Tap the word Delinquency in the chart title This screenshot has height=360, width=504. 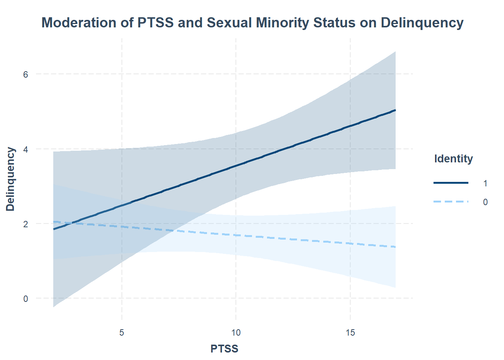422,23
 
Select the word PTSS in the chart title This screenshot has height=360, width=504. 156,23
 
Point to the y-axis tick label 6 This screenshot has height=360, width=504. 25,74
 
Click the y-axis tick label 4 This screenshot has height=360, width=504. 25,149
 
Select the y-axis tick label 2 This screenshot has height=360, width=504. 25,224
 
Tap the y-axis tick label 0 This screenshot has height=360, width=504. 25,299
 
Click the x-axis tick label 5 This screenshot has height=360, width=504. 122,333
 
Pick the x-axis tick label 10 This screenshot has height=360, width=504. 236,333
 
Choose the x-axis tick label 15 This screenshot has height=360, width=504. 350,333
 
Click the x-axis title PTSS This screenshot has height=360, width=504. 224,349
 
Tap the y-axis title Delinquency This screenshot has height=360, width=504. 10,179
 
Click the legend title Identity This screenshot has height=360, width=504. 453,159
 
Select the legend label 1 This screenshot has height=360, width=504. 485,183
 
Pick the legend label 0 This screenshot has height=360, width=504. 485,202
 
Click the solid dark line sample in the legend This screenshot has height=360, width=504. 451,183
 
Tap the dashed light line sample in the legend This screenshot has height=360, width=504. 451,202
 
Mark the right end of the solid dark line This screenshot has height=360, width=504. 395,110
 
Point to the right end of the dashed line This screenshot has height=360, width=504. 395,247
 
